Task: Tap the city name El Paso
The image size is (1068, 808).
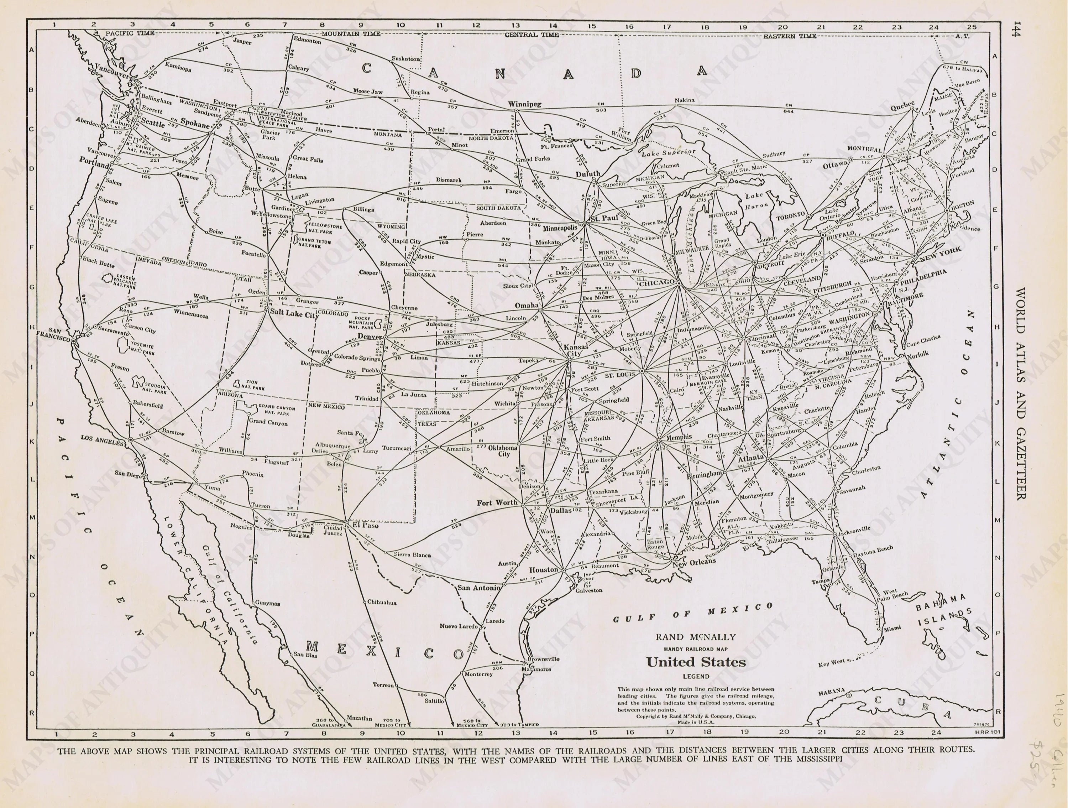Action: [366, 526]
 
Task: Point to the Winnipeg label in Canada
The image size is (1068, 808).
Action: [524, 104]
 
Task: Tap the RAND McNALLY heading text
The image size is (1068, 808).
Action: [696, 637]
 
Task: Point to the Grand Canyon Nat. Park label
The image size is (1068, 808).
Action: [276, 410]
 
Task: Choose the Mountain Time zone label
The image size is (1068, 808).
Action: [351, 34]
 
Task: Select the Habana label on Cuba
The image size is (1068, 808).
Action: [831, 692]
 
